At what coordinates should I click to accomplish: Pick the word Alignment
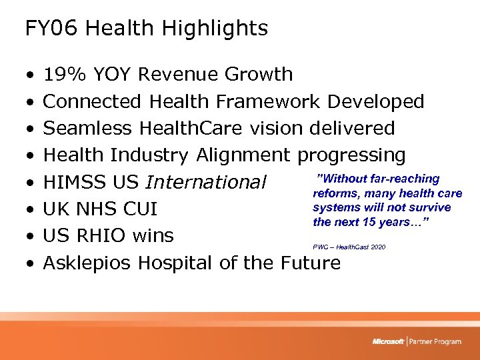(x=243, y=155)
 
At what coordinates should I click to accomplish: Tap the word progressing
(x=351, y=155)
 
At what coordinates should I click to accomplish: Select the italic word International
(x=205, y=182)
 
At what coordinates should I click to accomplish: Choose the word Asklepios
(x=88, y=263)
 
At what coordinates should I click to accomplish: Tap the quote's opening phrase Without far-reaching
(x=378, y=179)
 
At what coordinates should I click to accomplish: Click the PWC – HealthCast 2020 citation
(x=349, y=247)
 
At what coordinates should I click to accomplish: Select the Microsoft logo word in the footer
(x=388, y=341)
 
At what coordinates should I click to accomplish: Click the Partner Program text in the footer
(x=435, y=341)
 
